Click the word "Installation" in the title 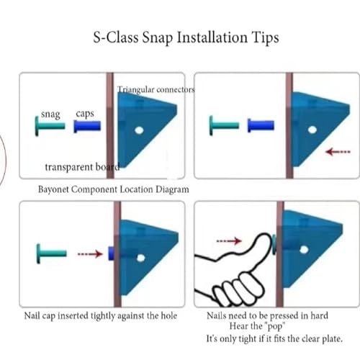(x=212, y=37)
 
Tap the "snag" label (x=50, y=114)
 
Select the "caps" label (x=85, y=114)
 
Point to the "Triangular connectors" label (x=156, y=89)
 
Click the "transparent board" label (x=82, y=167)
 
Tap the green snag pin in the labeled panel (x=50, y=126)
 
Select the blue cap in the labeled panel (x=87, y=126)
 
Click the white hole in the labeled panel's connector (x=139, y=130)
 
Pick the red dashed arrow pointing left (x=338, y=152)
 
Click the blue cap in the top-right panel (x=261, y=125)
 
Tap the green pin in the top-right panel (x=225, y=125)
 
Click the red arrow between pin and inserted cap (x=90, y=254)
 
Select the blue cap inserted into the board (x=111, y=253)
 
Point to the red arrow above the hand (x=229, y=240)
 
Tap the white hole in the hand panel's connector (x=304, y=250)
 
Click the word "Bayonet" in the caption (x=53, y=189)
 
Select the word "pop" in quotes (x=275, y=327)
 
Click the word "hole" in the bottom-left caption (x=168, y=315)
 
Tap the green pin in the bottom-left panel (x=51, y=253)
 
